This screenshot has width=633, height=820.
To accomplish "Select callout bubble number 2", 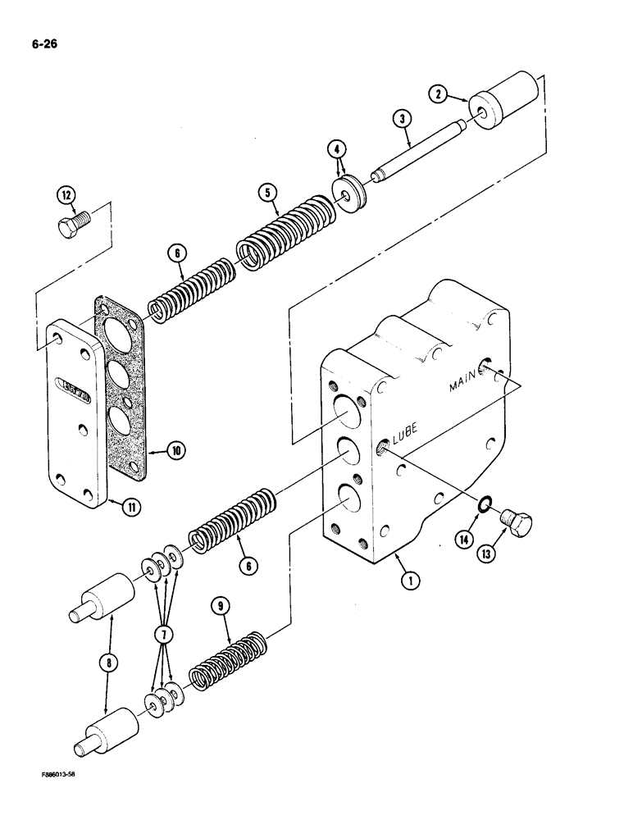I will tap(439, 95).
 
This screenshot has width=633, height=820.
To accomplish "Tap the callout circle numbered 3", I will tap(401, 120).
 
